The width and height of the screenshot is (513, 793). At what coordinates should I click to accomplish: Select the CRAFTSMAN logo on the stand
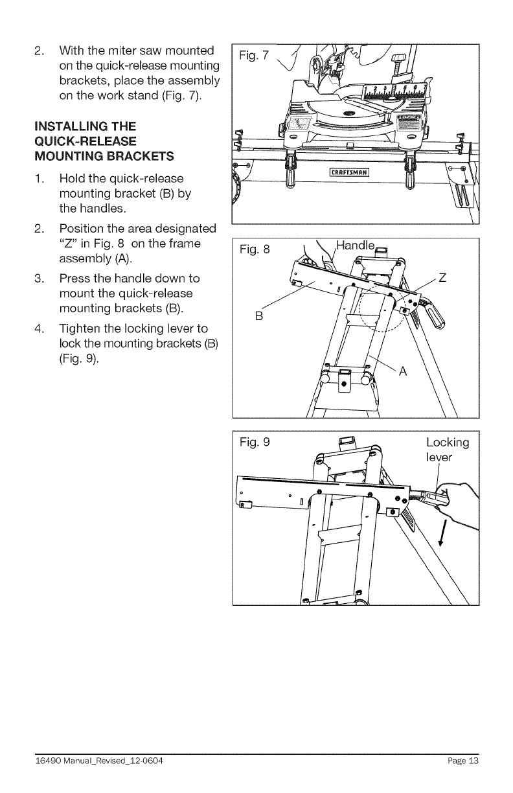[349, 172]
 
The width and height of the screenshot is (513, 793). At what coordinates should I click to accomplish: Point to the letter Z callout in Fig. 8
[443, 280]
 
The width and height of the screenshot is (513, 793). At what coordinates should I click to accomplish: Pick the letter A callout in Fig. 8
[402, 371]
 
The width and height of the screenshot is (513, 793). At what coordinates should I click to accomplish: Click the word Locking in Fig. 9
[448, 443]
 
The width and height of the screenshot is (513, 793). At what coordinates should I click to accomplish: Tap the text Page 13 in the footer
[462, 761]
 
